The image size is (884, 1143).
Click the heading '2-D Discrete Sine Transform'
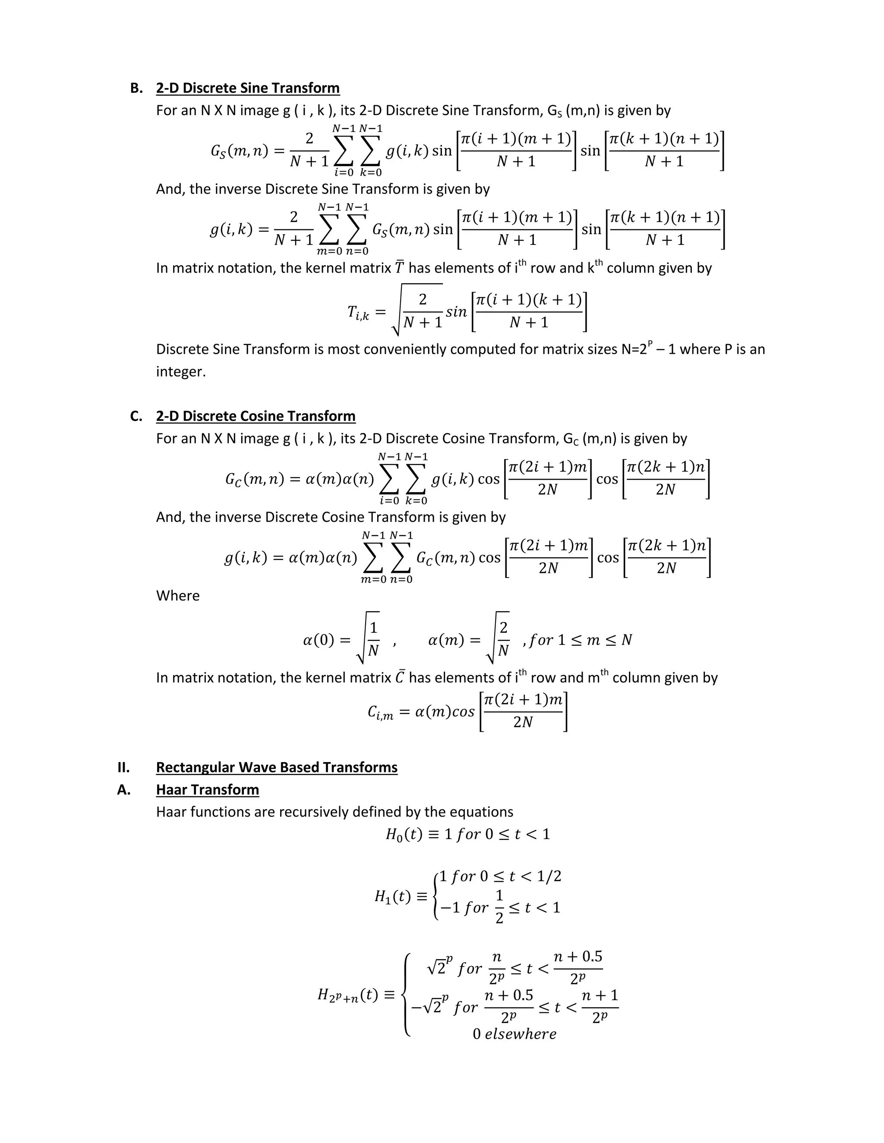click(248, 88)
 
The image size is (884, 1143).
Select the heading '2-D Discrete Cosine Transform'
click(256, 416)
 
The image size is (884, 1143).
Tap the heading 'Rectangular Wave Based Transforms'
click(277, 767)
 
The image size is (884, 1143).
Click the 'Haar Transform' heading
click(207, 790)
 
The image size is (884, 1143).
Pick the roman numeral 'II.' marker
click(123, 767)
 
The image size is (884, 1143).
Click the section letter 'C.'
click(136, 416)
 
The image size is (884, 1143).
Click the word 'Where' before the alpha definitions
click(177, 596)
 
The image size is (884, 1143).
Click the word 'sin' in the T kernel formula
click(456, 312)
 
